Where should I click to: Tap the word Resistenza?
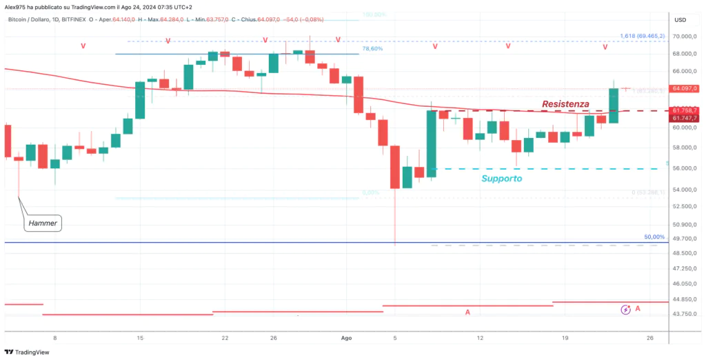tap(565, 103)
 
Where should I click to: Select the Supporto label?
tap(501, 178)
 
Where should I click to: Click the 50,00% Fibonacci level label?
tap(654, 237)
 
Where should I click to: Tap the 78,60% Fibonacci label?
tap(373, 49)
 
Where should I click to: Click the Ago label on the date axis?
tap(347, 338)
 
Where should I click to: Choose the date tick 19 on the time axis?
tap(565, 338)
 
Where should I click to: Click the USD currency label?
tap(680, 20)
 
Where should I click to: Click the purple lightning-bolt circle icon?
tap(625, 310)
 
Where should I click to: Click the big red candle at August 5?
tap(395, 166)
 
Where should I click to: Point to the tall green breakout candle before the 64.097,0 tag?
tap(613, 105)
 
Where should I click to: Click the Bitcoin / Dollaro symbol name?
tap(32, 20)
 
